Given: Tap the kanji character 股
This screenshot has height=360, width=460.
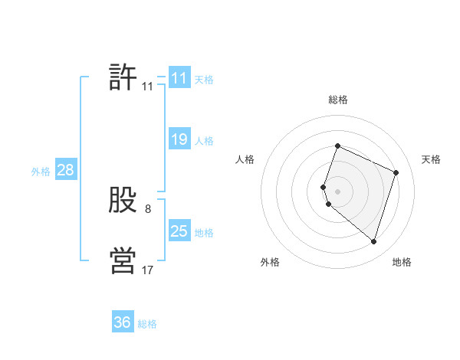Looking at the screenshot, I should click(123, 201).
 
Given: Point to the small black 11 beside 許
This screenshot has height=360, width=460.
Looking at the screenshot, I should click(147, 87).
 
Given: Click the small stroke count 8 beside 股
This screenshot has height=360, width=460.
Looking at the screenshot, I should click(148, 208).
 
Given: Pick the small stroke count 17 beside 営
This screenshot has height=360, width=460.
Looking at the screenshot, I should click(147, 270).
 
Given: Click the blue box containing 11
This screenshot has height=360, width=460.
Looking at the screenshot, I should click(179, 78).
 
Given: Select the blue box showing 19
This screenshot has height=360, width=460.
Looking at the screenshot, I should click(179, 139).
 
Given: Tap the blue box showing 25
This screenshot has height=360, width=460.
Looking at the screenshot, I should click(179, 231).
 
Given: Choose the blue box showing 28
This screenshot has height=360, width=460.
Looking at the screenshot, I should click(65, 170).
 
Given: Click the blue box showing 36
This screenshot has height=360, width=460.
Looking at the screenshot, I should click(122, 322).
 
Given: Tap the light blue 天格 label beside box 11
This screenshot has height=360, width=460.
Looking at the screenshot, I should click(204, 80).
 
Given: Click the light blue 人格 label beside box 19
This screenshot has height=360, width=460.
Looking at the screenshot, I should click(204, 141).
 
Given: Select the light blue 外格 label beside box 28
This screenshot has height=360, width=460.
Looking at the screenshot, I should click(41, 172).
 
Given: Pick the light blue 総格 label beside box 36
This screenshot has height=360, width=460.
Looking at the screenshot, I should click(147, 324).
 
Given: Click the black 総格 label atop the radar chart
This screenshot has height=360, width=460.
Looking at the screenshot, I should click(337, 100).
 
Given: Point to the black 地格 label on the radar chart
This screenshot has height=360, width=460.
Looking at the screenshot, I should click(402, 262).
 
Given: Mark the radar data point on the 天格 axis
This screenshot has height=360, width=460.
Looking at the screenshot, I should click(396, 172).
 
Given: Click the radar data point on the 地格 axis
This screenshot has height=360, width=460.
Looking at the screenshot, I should click(373, 241).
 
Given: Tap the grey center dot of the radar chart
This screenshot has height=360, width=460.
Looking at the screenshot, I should click(337, 191).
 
